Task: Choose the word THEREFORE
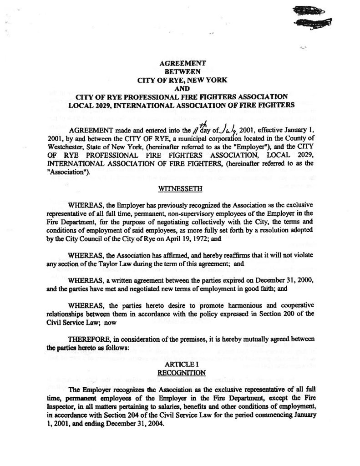(87, 339)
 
